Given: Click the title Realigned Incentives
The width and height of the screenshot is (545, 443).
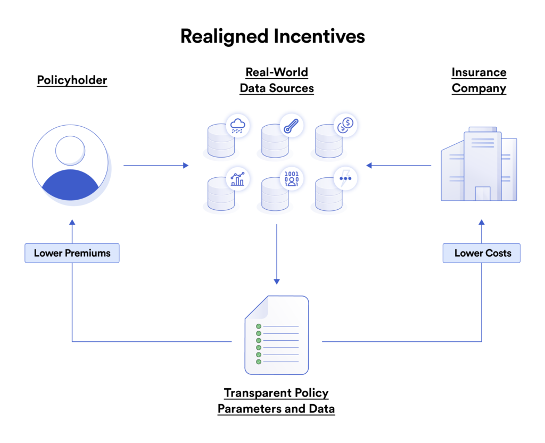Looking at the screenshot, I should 272,36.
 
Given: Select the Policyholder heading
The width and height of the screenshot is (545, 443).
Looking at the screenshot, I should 72,80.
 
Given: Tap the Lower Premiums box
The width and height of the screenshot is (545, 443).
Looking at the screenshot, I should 72,253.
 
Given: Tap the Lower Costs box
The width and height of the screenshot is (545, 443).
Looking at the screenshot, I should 482,253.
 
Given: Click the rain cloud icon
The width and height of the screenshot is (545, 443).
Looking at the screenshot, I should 237,126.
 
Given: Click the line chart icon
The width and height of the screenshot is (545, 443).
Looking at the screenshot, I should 237,179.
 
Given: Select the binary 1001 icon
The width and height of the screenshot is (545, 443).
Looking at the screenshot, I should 291,178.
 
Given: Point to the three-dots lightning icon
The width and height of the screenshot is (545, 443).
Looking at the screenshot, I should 345,178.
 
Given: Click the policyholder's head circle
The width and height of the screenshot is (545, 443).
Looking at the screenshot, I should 70,150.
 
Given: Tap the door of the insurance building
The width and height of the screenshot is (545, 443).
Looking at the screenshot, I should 482,193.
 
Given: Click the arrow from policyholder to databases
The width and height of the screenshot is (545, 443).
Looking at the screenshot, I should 155,166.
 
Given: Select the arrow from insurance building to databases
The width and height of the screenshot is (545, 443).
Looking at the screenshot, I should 399,166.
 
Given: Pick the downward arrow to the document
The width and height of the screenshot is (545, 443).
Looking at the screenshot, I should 276,253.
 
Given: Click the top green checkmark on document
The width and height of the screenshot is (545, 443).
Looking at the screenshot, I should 259,326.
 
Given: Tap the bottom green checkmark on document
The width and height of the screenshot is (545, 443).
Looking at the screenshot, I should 259,362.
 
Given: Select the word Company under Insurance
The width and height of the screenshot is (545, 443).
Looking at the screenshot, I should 478,88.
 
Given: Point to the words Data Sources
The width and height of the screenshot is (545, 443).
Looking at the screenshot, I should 276,88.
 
